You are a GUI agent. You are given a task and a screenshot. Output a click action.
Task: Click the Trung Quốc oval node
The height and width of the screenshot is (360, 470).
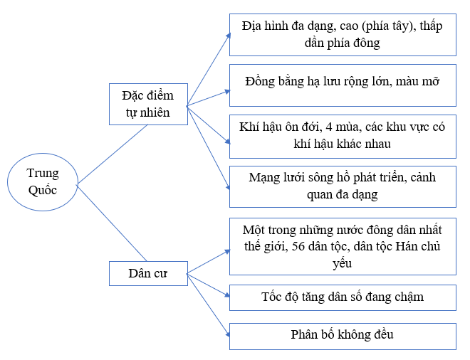point(43,182)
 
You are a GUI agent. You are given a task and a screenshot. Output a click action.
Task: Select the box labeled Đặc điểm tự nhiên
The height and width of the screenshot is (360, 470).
point(148,104)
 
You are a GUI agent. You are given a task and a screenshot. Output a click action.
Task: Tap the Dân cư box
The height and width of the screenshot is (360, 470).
point(148,273)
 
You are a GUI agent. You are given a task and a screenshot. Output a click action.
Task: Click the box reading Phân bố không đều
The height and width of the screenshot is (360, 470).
point(343,337)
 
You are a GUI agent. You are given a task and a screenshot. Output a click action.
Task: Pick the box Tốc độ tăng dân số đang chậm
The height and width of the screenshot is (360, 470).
point(343,297)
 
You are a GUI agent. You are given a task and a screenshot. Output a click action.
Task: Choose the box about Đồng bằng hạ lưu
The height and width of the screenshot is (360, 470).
point(343,85)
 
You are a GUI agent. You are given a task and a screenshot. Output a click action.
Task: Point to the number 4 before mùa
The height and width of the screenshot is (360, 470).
point(329,127)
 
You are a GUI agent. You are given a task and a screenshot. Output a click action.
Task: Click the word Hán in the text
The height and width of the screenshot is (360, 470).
point(407,246)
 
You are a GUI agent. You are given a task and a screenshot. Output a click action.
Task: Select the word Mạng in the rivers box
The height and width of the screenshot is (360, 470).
point(261,178)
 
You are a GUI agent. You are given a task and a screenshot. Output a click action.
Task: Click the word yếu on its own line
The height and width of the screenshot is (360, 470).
point(342,263)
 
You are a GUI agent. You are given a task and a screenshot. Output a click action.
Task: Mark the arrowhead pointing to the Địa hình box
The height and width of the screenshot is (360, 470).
point(229,36)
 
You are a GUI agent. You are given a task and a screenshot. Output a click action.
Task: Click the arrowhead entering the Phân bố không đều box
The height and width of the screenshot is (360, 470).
point(227,334)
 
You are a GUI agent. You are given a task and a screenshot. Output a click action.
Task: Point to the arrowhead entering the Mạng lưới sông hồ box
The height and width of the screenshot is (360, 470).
point(228,187)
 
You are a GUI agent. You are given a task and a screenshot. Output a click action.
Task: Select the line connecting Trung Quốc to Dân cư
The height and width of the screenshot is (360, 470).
point(112,223)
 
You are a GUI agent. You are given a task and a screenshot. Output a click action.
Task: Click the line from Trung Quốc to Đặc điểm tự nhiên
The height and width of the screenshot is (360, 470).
point(113,154)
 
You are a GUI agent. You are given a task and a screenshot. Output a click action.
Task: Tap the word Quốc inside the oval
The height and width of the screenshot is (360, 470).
point(43,191)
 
